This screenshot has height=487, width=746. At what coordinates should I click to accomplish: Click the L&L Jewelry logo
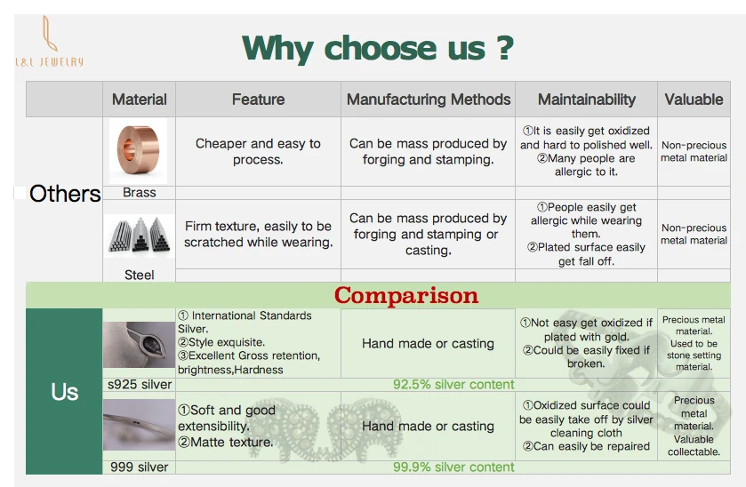point(50,42)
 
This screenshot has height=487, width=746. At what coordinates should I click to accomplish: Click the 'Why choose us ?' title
point(378,49)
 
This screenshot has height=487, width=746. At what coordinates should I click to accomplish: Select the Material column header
point(140,100)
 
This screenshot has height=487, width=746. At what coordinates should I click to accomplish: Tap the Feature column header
point(259,100)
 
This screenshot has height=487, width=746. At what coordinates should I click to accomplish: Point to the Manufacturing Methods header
point(429,100)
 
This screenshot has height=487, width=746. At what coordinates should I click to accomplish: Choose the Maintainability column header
point(587,100)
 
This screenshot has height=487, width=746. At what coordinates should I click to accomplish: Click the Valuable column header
point(694,100)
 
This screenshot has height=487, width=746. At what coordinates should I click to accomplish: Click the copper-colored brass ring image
point(139,151)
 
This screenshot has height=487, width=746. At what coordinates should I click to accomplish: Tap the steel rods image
point(140,236)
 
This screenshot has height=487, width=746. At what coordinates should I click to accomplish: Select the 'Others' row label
point(65,194)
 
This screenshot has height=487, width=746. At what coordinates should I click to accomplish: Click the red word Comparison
point(405,295)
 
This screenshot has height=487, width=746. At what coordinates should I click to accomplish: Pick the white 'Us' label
point(65,392)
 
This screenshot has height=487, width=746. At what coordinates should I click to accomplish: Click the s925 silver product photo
point(139,344)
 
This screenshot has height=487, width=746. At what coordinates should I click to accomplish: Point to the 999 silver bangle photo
point(139,425)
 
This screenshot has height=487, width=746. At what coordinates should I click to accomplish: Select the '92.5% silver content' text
point(453,384)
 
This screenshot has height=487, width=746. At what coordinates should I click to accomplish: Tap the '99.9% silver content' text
point(453,467)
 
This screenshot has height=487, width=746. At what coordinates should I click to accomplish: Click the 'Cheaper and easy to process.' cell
point(258,151)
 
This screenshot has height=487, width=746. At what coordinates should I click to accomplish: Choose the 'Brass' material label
point(140,193)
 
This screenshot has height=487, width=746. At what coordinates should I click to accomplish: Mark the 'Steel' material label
point(140,275)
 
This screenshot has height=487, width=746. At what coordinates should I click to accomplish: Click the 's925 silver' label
point(140,384)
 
